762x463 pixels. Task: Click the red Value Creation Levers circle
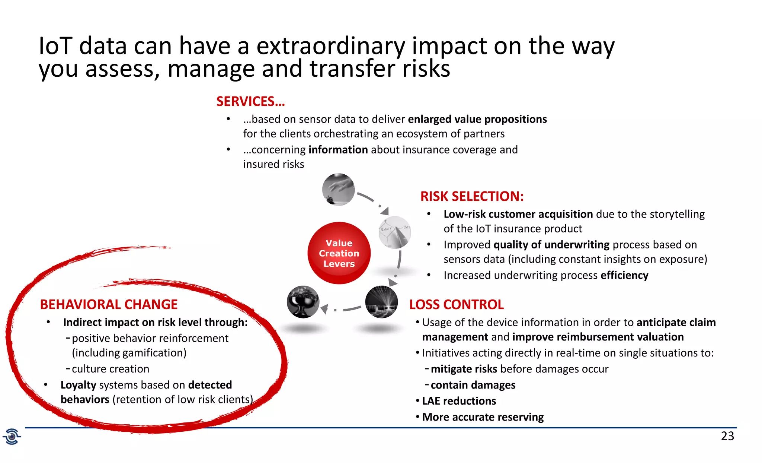(x=339, y=253)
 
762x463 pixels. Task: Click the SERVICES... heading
(x=250, y=102)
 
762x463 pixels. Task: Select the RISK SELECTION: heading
(x=472, y=196)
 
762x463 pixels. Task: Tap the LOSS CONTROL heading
(x=456, y=305)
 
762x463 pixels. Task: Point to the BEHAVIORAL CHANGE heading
(x=109, y=305)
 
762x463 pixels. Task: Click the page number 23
(x=727, y=436)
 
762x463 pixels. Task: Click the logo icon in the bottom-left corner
(x=12, y=436)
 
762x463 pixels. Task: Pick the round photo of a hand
(x=338, y=190)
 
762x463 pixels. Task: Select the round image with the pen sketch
(x=395, y=232)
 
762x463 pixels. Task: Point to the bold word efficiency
(x=624, y=275)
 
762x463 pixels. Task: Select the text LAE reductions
(x=459, y=401)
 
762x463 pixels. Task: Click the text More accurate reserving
(x=483, y=417)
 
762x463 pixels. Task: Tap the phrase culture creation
(x=111, y=369)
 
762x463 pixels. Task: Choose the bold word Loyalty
(x=79, y=385)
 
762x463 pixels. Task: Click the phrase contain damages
(x=473, y=385)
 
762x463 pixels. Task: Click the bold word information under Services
(x=338, y=150)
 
